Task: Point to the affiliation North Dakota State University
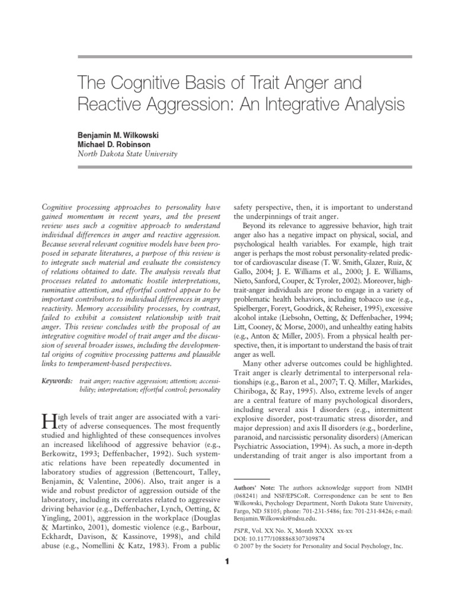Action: point(127,154)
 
